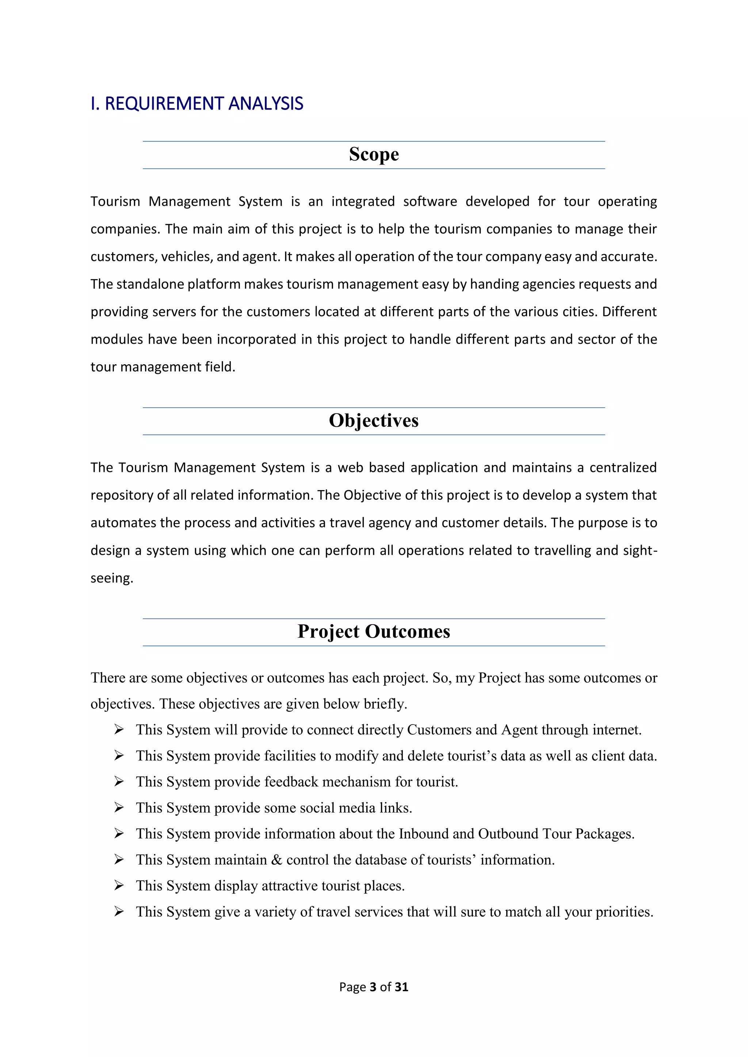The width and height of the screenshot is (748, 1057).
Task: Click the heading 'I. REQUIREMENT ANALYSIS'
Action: click(x=196, y=104)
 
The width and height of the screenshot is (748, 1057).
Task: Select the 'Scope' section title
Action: click(x=374, y=154)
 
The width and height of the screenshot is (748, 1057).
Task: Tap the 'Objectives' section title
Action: click(x=374, y=420)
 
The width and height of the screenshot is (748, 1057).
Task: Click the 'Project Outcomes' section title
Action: click(x=374, y=631)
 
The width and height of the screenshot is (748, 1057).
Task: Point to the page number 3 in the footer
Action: click(x=373, y=987)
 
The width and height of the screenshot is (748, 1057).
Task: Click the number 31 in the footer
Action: click(x=401, y=987)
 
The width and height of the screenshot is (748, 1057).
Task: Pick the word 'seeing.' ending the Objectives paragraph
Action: click(x=111, y=578)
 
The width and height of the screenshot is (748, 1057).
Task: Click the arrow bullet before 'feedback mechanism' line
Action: click(x=119, y=781)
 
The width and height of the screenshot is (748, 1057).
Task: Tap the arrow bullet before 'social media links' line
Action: click(x=119, y=807)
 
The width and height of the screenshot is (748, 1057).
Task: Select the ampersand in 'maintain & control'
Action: click(x=276, y=860)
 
